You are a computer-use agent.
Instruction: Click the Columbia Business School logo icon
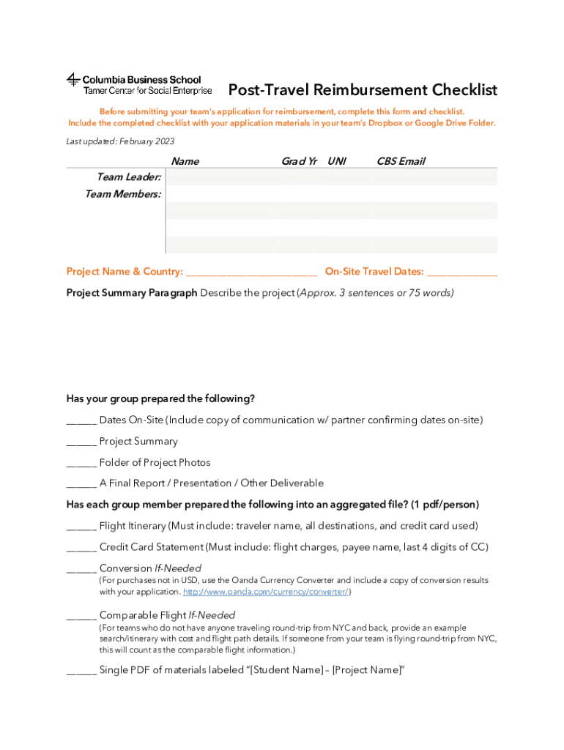73,81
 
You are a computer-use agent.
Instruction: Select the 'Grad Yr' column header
299,161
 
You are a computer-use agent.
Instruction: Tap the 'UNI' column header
337,161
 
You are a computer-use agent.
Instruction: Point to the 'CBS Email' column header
401,161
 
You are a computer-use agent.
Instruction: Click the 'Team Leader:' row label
129,177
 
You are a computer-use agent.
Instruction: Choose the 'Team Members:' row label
123,194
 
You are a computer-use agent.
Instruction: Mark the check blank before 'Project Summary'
81,442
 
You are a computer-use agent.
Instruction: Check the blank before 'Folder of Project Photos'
81,464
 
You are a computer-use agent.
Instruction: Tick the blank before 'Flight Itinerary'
81,527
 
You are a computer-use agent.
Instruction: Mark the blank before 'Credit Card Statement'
81,548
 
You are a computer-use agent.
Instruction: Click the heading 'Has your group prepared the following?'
160,399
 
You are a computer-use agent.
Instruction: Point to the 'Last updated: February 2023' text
120,141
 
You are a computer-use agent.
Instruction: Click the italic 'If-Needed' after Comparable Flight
212,615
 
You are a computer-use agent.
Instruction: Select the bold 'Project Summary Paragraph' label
132,293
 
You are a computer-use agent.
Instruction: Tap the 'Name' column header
185,161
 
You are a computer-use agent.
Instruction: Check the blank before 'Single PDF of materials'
81,671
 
